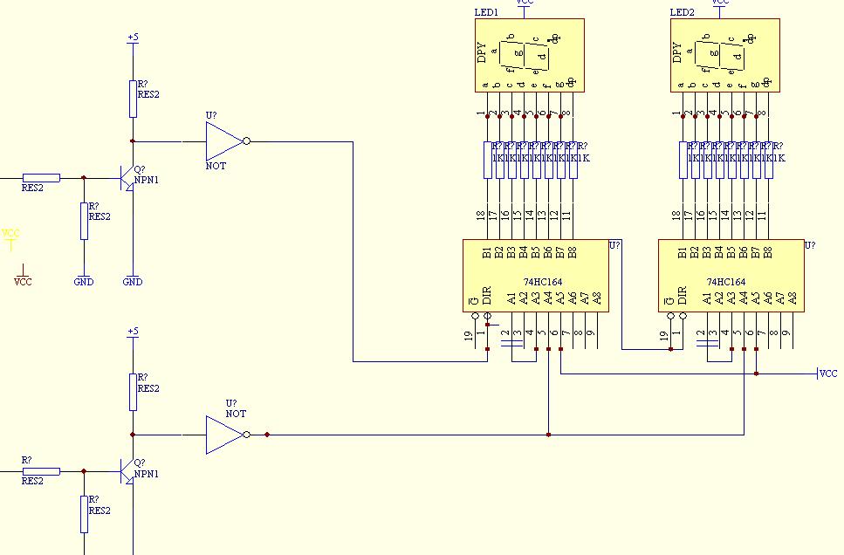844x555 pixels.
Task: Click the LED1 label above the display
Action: point(486,13)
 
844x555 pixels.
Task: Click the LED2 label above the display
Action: point(682,13)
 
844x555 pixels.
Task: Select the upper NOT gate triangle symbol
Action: point(223,140)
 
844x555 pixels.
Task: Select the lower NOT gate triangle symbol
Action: point(223,435)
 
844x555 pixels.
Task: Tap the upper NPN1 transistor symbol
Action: point(128,178)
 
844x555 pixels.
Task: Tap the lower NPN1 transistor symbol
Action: point(128,472)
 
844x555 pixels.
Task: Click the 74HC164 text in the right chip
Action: point(726,282)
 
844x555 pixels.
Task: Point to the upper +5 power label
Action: point(133,38)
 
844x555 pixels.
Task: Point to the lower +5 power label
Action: point(133,332)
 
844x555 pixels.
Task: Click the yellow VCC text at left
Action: point(10,233)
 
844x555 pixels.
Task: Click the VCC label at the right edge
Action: point(828,373)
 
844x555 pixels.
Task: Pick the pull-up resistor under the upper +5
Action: point(133,99)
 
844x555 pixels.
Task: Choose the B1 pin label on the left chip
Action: point(487,253)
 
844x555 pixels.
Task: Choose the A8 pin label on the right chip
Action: point(793,298)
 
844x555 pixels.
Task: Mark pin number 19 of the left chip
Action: point(468,336)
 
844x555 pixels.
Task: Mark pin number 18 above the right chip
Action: point(676,215)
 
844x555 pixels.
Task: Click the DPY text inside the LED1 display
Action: point(482,52)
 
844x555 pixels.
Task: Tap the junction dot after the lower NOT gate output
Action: point(267,434)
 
